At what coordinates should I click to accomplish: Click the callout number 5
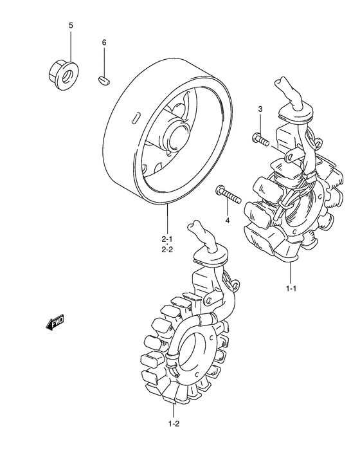[x=71, y=26]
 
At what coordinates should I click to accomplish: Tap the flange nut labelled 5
[x=64, y=75]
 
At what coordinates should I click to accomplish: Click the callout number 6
[x=104, y=42]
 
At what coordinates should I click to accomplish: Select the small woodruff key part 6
[x=104, y=80]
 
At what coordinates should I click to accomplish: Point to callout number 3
[x=260, y=109]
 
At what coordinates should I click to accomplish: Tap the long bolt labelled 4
[x=228, y=194]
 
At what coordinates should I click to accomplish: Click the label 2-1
[x=167, y=239]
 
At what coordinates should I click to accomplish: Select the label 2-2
[x=167, y=250]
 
